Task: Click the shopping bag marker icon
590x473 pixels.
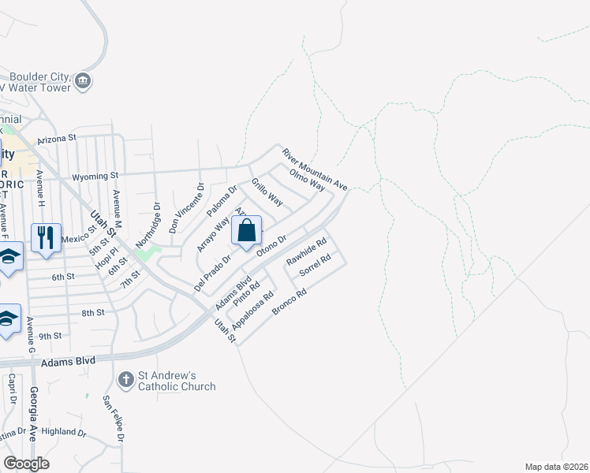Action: (246, 231)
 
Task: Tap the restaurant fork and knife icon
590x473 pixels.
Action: (46, 237)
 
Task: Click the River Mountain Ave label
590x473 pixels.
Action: (315, 169)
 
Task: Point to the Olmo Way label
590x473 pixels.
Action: (307, 180)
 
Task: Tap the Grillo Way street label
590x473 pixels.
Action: (267, 193)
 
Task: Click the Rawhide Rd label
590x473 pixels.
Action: (306, 252)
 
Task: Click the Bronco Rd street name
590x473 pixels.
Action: (289, 302)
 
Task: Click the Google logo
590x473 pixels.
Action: (27, 464)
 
